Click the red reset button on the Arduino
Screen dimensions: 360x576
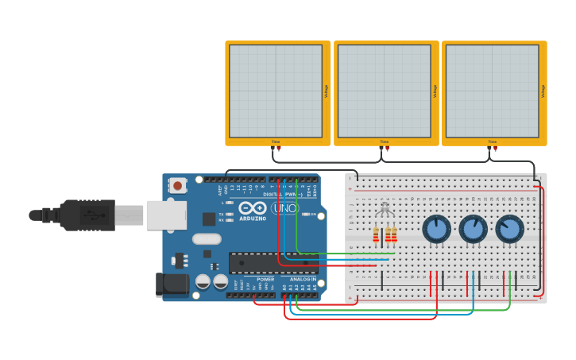point(177,186)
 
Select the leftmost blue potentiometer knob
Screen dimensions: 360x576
point(436,230)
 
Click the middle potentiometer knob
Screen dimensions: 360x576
point(473,230)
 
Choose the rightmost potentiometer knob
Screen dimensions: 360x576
point(509,230)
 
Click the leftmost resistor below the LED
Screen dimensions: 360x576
point(376,235)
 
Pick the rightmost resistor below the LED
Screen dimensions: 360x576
point(394,235)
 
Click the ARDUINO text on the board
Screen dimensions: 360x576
point(253,219)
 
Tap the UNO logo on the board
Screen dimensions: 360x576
point(285,208)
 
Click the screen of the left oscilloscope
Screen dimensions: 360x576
point(276,91)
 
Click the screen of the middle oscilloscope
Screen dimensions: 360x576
point(385,91)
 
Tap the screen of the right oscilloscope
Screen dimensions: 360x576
point(493,91)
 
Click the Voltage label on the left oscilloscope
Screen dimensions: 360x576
point(327,91)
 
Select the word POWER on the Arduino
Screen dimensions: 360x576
point(265,279)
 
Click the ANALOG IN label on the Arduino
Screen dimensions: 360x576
point(302,279)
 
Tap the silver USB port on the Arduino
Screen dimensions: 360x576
point(166,215)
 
